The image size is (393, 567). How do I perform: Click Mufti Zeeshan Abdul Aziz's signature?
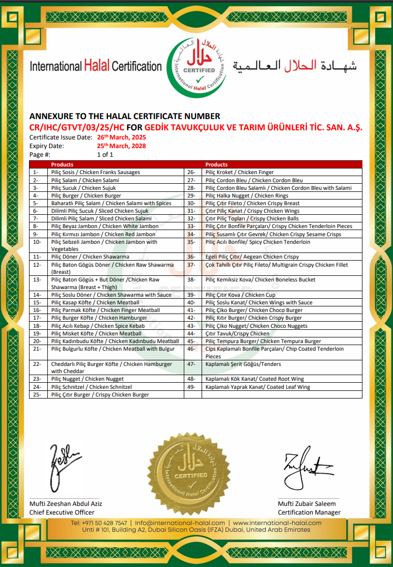pyautogui.click(x=65, y=467)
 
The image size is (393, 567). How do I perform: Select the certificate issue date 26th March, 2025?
pyautogui.click(x=122, y=137)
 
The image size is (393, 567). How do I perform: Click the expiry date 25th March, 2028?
pyautogui.click(x=122, y=146)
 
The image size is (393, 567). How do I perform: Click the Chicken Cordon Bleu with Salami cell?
pyautogui.click(x=278, y=188)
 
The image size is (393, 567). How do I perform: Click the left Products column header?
pyautogui.click(x=62, y=164)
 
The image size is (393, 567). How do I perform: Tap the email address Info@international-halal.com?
pyautogui.click(x=180, y=523)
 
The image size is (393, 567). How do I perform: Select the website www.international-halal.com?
pyautogui.click(x=277, y=523)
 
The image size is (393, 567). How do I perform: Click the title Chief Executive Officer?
pyautogui.click(x=62, y=512)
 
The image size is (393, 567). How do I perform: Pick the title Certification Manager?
pyautogui.click(x=309, y=512)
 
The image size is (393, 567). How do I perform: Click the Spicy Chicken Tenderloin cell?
pyautogui.click(x=258, y=242)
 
